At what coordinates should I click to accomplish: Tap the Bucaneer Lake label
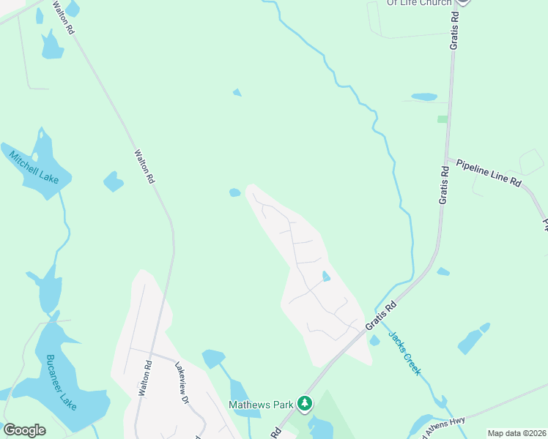62,381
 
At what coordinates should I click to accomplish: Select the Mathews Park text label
261,403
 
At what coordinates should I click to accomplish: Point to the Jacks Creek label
404,353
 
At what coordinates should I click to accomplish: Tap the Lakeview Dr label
182,385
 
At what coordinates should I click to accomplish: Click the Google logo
24,430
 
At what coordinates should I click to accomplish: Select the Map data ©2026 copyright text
516,433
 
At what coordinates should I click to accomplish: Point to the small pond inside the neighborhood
325,277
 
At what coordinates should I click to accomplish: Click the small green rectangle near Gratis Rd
442,119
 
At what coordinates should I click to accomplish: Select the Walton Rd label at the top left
64,18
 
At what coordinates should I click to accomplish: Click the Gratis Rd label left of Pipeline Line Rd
443,185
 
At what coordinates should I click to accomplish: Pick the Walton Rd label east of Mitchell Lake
144,167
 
